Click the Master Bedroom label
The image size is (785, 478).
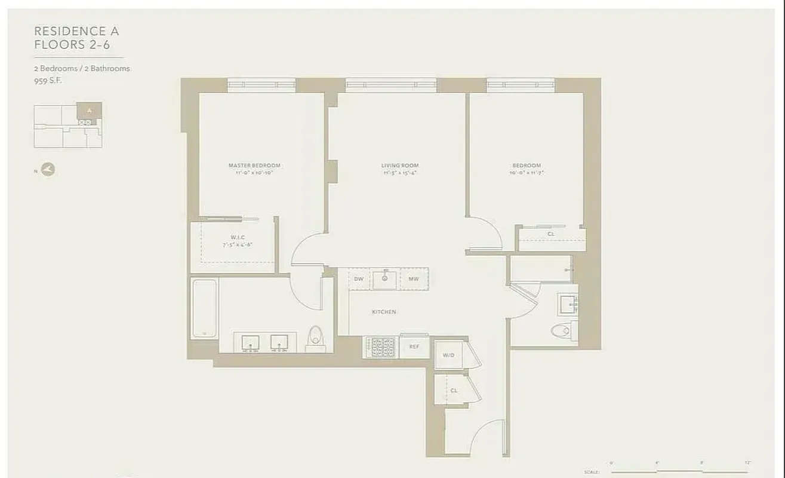pos(254,166)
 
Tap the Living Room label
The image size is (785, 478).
pos(400,166)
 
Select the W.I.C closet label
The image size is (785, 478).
pos(238,237)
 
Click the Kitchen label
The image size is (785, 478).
pos(384,312)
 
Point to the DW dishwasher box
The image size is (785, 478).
pos(359,279)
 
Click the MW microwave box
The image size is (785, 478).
pos(413,279)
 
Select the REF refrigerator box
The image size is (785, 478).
pos(414,347)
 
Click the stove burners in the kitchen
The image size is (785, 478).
pos(381,347)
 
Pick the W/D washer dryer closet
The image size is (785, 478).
pos(449,355)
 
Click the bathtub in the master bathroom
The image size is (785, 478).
pos(204,308)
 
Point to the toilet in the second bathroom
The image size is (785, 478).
pos(564,330)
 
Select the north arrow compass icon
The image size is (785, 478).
pos(48,170)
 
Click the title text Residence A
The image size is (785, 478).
pos(76,31)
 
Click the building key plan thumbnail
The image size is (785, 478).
pos(67,125)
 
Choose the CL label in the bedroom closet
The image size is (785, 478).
pos(550,234)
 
